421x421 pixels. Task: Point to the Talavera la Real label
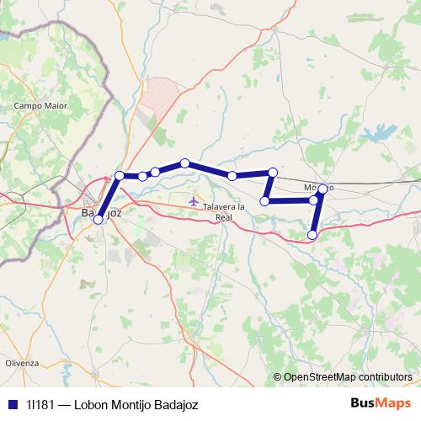(x=217, y=211)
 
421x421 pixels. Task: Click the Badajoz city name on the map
(x=102, y=214)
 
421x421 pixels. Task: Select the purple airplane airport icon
(x=195, y=201)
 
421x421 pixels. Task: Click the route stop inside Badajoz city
(x=99, y=219)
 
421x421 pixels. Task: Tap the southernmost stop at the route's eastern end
(x=313, y=235)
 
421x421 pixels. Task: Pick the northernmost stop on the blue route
(x=184, y=163)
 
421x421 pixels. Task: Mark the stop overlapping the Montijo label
(x=322, y=189)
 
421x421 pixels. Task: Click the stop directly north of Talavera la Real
(x=232, y=176)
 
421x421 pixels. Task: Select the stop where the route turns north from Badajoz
(x=120, y=175)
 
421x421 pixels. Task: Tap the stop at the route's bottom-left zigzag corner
(x=265, y=201)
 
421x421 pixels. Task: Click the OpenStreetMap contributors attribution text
(x=347, y=378)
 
